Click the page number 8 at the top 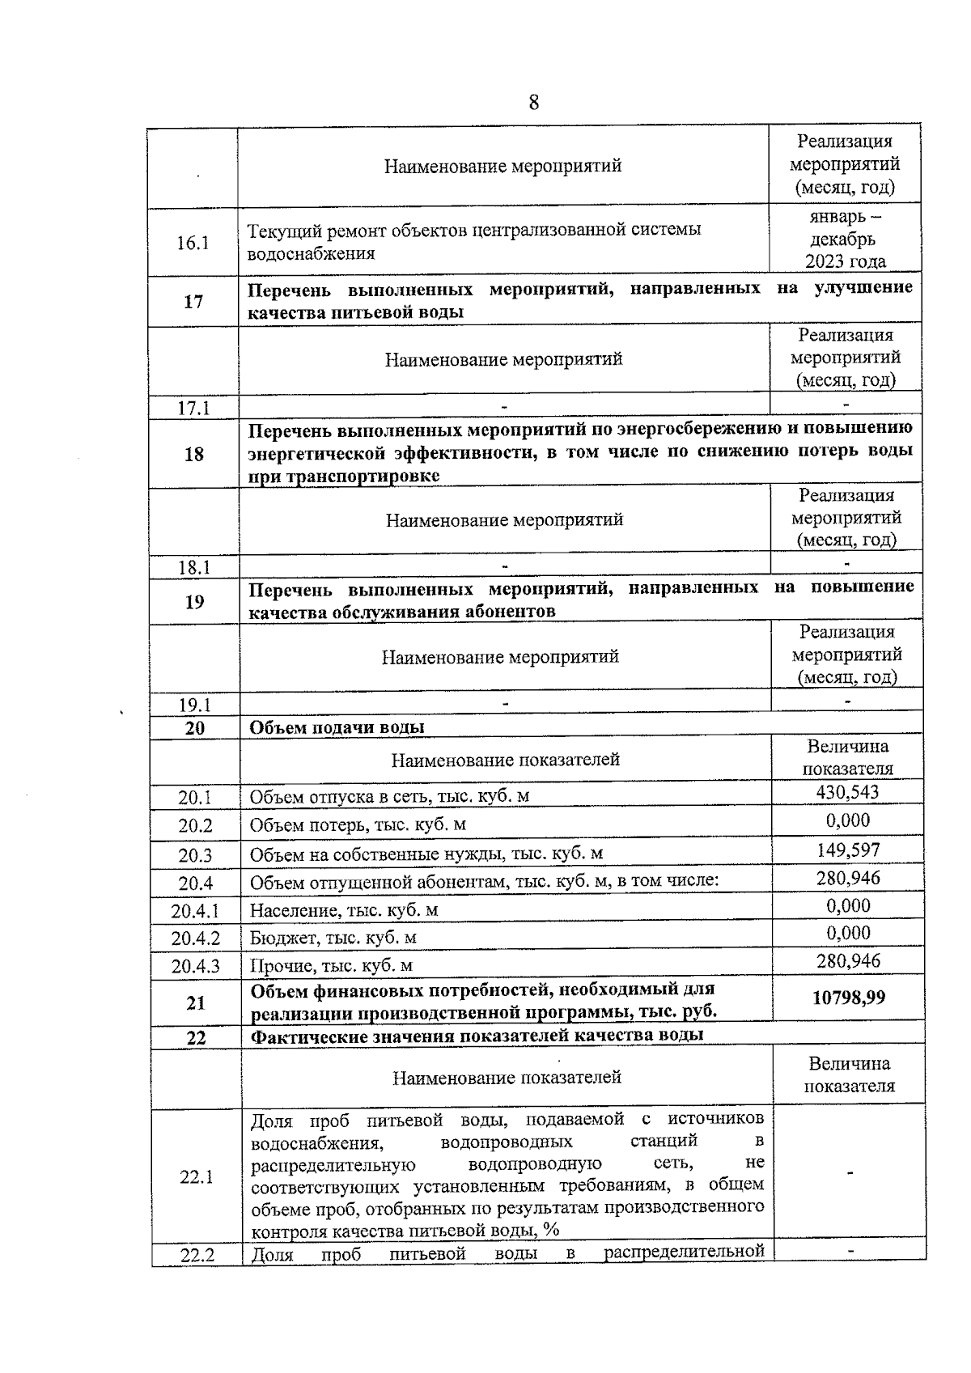(533, 103)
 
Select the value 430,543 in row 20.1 (847, 792)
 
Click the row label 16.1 (193, 243)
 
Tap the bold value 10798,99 (848, 998)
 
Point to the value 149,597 (848, 850)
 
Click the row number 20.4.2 (195, 939)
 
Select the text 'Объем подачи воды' (337, 727)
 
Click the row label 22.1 (197, 1177)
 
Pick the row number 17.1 (194, 409)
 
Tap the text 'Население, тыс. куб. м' (344, 910)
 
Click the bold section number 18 (194, 454)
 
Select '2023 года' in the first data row (845, 261)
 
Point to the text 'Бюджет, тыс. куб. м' (333, 938)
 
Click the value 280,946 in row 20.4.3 (848, 961)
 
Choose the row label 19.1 (195, 705)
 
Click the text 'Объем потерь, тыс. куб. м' (358, 825)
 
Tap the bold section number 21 (196, 1003)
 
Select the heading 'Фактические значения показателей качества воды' (477, 1036)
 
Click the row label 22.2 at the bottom (197, 1256)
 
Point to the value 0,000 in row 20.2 (848, 820)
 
